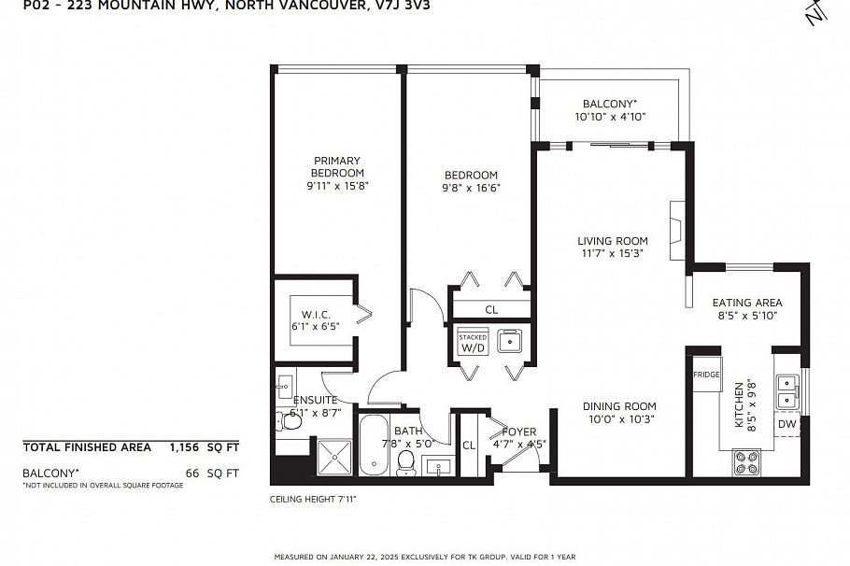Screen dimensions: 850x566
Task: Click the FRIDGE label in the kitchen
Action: click(706, 375)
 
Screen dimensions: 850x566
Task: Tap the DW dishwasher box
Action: click(787, 424)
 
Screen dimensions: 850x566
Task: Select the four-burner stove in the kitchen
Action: click(746, 462)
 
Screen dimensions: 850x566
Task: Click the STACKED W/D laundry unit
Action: click(473, 342)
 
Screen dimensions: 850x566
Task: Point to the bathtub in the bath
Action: click(374, 446)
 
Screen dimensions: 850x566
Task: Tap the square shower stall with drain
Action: click(334, 458)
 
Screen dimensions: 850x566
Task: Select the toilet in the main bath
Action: click(406, 463)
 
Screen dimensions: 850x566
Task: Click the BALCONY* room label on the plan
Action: click(609, 104)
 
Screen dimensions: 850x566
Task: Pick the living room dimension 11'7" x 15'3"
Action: click(612, 253)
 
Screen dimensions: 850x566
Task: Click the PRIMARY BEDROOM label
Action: click(336, 166)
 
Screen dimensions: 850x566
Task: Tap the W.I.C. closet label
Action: click(316, 315)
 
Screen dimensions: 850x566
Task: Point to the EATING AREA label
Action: click(747, 303)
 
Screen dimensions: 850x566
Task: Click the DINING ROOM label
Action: click(619, 406)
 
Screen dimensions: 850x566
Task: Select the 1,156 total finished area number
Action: click(184, 447)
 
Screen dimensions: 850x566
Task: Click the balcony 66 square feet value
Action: click(191, 473)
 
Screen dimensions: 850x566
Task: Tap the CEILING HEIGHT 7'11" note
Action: click(313, 499)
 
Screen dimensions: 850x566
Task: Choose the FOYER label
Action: click(518, 432)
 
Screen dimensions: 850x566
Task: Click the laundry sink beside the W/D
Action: click(509, 341)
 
